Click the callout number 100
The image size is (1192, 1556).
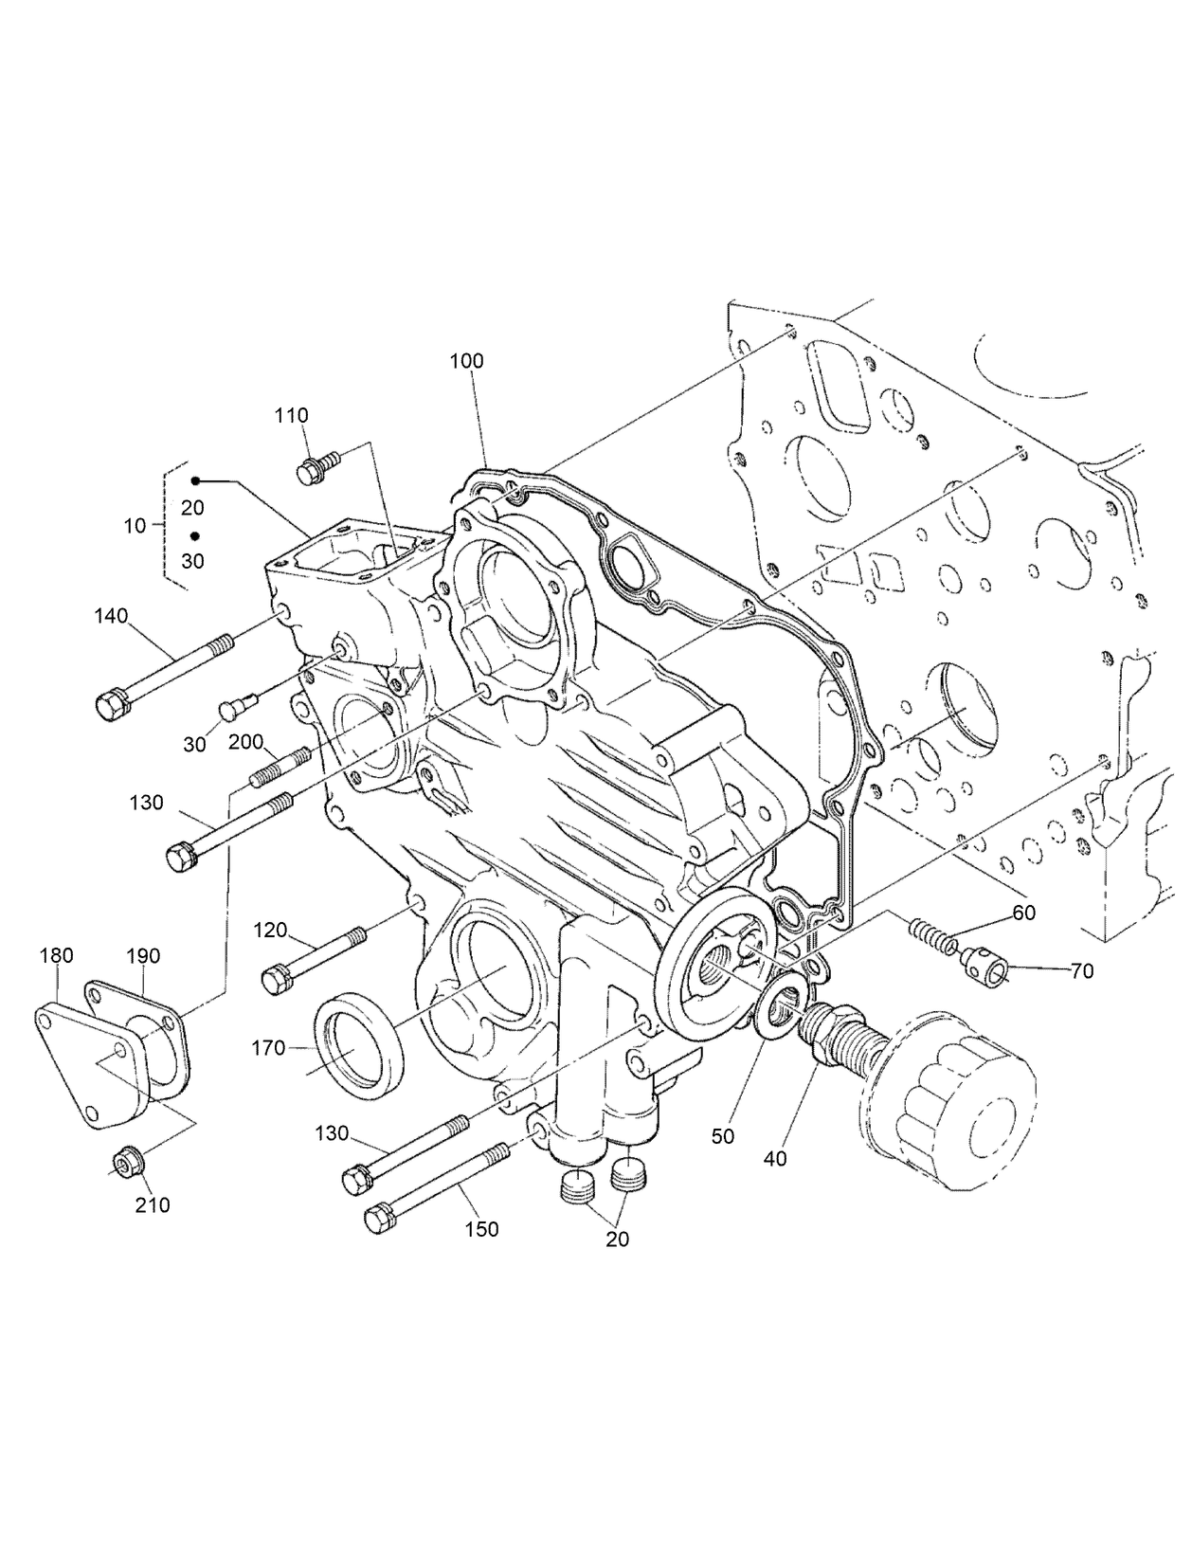[x=466, y=361]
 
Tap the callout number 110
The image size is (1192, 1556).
[x=292, y=415]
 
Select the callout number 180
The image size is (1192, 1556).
[x=56, y=955]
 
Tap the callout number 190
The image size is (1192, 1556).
[x=143, y=957]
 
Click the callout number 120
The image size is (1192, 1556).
[x=270, y=931]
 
